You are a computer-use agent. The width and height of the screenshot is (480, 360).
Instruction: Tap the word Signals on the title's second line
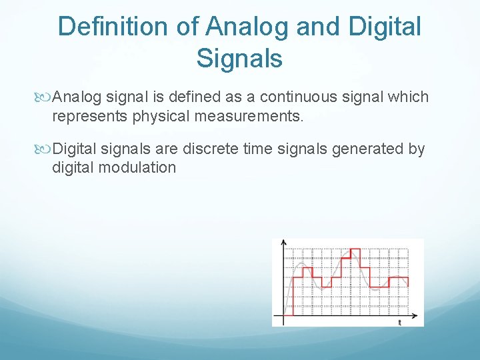239,58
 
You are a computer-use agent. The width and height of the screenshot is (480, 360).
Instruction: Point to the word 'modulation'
137,167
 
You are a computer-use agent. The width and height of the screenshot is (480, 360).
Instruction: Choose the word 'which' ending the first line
409,97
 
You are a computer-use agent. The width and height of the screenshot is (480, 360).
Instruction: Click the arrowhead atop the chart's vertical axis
284,242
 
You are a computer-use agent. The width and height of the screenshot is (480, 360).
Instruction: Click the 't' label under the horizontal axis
399,322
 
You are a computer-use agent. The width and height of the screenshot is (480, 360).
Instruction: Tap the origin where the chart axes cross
285,315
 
